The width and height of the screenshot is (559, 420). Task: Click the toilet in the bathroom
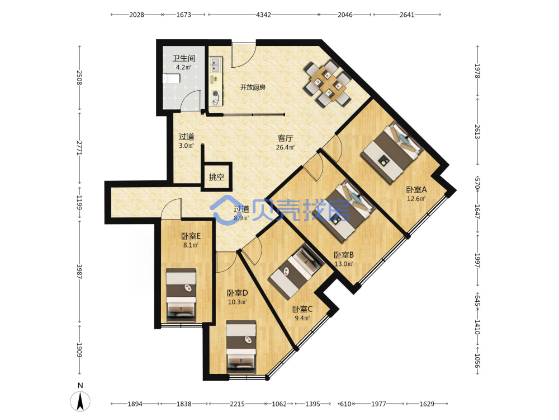tap(171, 78)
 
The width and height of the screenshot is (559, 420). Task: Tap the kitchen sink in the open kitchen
tap(215, 65)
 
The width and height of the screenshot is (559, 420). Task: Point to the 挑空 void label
tap(216, 177)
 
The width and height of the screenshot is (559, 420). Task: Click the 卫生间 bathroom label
tap(183, 58)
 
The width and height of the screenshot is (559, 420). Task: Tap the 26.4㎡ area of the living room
tap(285, 147)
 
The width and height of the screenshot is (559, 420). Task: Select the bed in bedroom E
tap(181, 295)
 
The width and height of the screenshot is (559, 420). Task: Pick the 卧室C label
tap(302, 309)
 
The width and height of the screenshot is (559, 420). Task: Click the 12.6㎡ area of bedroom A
tap(416, 199)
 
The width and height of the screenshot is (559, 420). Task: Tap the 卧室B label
tap(344, 255)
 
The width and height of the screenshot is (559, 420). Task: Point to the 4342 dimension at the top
tap(263, 15)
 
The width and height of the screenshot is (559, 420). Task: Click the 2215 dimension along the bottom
tap(237, 404)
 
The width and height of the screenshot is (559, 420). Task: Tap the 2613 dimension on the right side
tap(477, 132)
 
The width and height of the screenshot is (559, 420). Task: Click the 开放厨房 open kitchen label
tap(253, 87)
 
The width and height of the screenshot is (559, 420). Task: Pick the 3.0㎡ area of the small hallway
tap(186, 146)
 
